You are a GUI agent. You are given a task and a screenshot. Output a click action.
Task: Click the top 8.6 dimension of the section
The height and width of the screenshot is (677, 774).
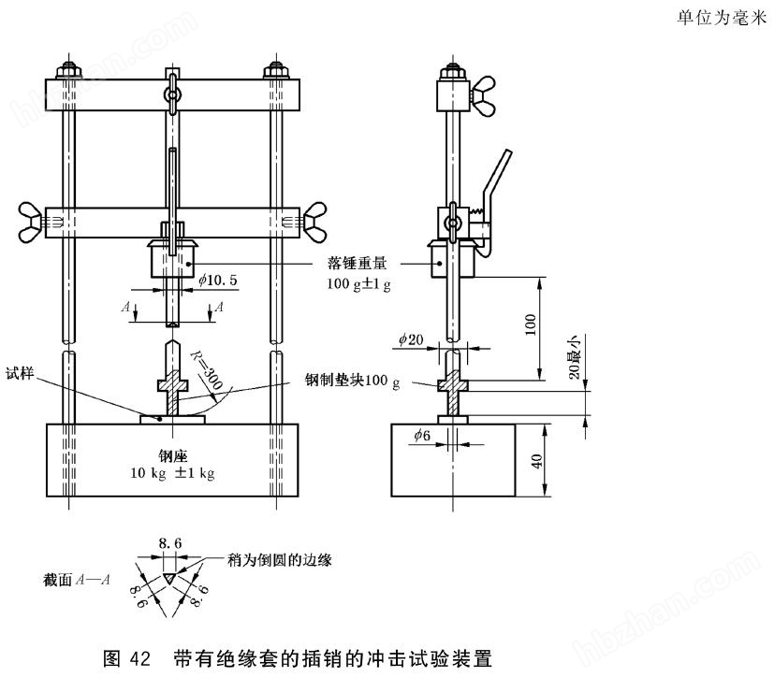click(168, 542)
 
